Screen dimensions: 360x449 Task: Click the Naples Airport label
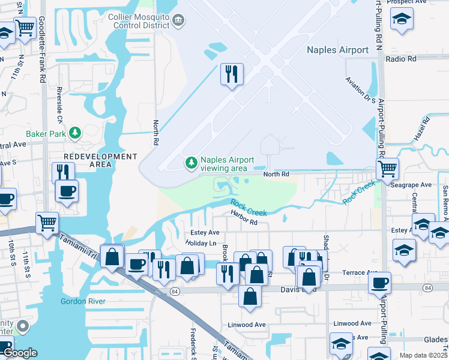(x=337, y=50)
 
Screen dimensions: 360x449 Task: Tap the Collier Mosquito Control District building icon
(x=178, y=22)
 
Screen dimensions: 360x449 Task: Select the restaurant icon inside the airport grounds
(x=232, y=74)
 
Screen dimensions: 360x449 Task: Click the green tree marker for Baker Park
(x=75, y=133)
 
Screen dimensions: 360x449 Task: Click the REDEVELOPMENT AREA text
(x=100, y=160)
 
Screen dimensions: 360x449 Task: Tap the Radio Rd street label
(x=401, y=59)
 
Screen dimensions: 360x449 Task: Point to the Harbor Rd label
(x=244, y=222)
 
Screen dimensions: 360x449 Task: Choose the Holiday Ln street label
(x=201, y=243)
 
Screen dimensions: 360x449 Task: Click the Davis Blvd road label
(x=298, y=289)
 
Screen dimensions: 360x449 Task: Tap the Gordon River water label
(x=83, y=301)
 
